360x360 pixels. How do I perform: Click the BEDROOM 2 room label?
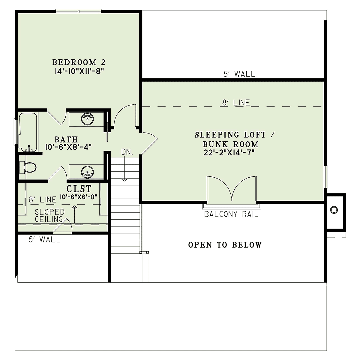[x=79, y=62]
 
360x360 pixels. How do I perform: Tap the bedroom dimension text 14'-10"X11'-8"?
[x=79, y=71]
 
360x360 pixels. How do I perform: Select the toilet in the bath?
[x=28, y=167]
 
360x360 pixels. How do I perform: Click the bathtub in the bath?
[x=28, y=132]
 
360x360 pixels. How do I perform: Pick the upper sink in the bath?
[x=87, y=119]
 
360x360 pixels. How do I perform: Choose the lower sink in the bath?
[x=87, y=172]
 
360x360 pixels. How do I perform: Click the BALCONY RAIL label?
[x=231, y=214]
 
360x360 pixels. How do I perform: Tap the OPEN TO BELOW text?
[x=225, y=245]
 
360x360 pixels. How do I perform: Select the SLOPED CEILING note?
[x=49, y=216]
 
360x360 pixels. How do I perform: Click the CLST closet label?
[x=79, y=189]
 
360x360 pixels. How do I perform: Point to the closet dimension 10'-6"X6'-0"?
[x=79, y=197]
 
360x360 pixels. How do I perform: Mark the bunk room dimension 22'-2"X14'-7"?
[x=229, y=153]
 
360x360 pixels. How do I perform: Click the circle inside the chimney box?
[x=334, y=210]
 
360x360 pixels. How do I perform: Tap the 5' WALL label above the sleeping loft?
[x=239, y=74]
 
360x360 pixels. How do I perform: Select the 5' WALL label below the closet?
[x=44, y=239]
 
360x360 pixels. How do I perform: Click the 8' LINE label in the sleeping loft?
[x=236, y=103]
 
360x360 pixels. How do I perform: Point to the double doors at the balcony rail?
[x=232, y=189]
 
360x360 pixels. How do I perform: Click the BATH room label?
[x=66, y=139]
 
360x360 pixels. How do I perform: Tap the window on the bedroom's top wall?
[x=79, y=11]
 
